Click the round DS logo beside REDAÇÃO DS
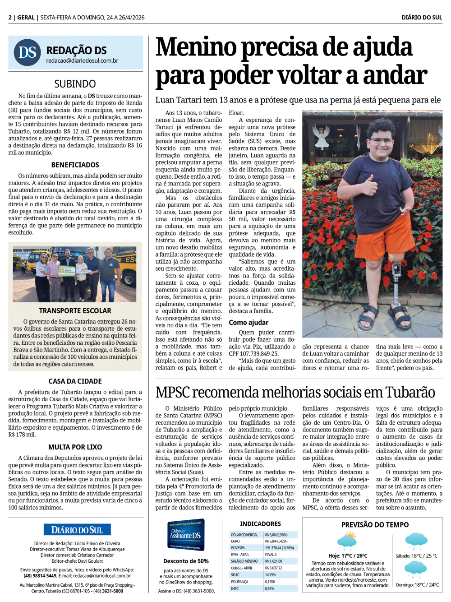(28, 52)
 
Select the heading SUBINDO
(75, 84)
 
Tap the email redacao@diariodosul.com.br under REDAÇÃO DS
(82, 61)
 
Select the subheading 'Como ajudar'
(249, 323)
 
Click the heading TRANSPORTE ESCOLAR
(75, 311)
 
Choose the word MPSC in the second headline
(173, 392)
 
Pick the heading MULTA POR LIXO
(75, 447)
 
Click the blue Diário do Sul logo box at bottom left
(77, 530)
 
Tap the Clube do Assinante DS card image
(186, 535)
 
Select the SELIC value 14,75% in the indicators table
(271, 575)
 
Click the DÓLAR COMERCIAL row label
(245, 535)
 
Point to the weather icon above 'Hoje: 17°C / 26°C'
(347, 541)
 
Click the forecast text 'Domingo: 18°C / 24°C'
(417, 585)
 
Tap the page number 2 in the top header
(10, 18)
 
